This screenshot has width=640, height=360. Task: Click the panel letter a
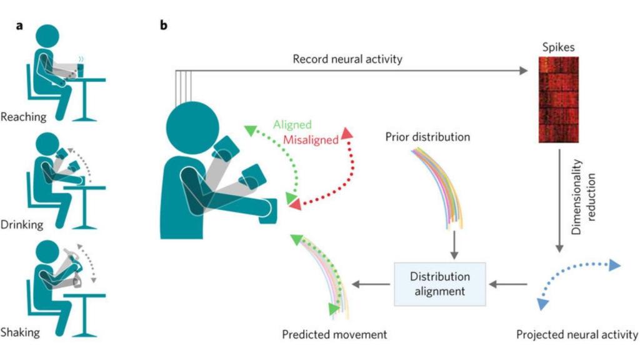[21, 26]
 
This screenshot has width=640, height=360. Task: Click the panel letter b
[164, 26]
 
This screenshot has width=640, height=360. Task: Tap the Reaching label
[24, 116]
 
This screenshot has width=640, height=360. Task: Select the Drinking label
[22, 224]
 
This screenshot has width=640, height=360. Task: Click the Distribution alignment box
[431, 284]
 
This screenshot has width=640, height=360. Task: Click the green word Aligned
[292, 125]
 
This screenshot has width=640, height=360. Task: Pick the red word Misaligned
[310, 139]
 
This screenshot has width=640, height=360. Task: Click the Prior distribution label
[428, 136]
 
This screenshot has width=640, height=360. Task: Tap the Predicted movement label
[334, 334]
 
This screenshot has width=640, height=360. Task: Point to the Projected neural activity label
[577, 334]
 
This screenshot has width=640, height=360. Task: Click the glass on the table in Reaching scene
[81, 64]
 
